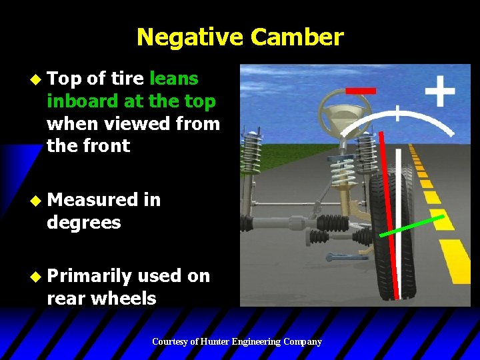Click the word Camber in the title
click(x=297, y=37)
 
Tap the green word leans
click(x=174, y=79)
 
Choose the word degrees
click(x=84, y=222)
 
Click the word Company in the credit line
click(x=303, y=342)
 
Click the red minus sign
click(x=360, y=90)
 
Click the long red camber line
click(x=389, y=213)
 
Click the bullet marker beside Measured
click(x=37, y=199)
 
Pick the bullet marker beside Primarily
click(x=37, y=275)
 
